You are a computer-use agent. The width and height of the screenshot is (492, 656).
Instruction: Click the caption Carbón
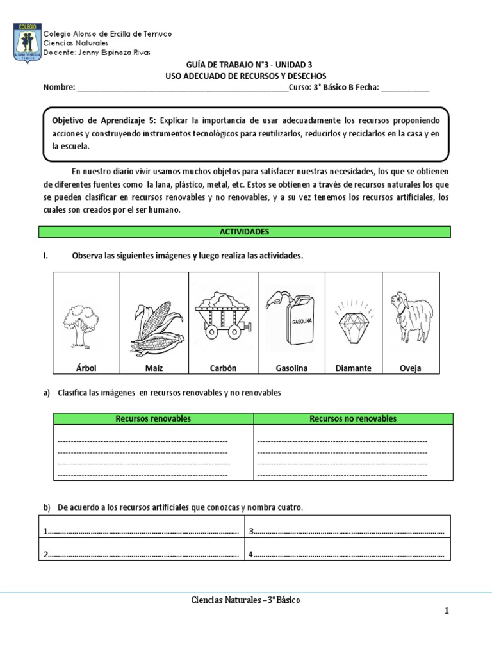pos(223,368)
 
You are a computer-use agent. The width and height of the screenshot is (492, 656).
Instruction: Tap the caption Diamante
pos(353,368)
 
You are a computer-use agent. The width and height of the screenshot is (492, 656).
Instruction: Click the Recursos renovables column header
pos(153,419)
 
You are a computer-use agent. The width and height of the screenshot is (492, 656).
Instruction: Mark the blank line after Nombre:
pos(183,88)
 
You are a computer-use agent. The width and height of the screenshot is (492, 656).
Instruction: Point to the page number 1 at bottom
pos(447,611)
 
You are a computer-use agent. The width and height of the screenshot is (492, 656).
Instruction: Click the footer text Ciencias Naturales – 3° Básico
pos(246,600)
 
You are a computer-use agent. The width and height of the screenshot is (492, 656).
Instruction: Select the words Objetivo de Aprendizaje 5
pos(103,120)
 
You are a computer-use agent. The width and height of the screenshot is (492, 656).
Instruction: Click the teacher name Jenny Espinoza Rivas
pos(111,53)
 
